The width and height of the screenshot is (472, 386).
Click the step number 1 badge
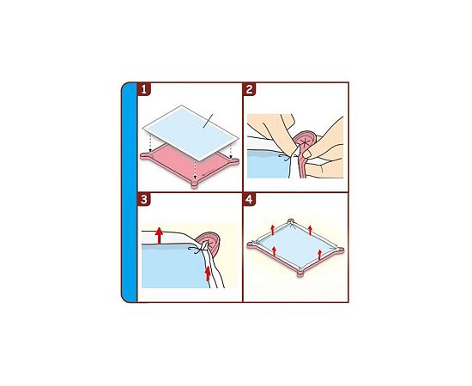144,89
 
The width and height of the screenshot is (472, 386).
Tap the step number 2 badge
249,89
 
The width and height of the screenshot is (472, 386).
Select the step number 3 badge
144,199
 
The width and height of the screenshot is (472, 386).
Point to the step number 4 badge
249,199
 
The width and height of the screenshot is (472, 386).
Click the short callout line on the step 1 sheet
208,121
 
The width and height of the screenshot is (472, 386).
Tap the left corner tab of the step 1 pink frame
145,155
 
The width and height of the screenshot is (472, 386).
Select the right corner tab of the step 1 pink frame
234,161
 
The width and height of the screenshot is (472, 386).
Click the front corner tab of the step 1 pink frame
195,184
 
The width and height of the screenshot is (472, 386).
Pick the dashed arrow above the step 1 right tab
231,152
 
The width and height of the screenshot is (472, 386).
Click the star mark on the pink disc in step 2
305,141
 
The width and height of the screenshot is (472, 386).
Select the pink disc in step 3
209,242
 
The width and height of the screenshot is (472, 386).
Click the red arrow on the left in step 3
160,236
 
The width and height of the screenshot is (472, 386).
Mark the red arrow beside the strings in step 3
208,274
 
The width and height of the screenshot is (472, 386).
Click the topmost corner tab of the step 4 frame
290,221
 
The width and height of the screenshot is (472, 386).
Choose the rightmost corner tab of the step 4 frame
340,250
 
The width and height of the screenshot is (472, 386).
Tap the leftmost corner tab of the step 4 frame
252,244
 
